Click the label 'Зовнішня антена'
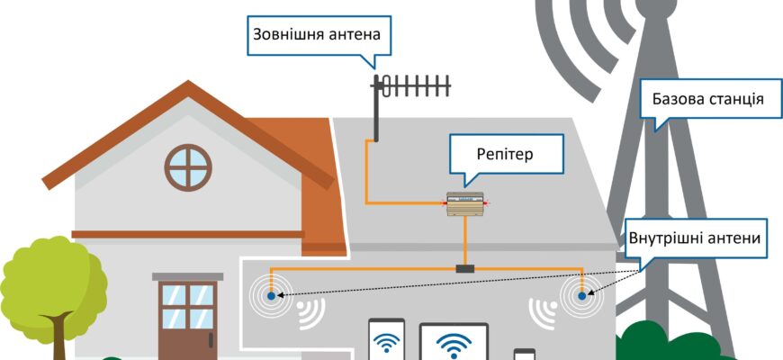pyautogui.click(x=311, y=37)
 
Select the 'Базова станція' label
pyautogui.click(x=703, y=99)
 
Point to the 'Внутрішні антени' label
pyautogui.click(x=696, y=238)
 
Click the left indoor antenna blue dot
pyautogui.click(x=271, y=294)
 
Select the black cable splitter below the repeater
pyautogui.click(x=465, y=268)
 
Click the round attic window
pyautogui.click(x=188, y=165)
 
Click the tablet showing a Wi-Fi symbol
pyautogui.click(x=454, y=343)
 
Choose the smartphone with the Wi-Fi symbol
pyautogui.click(x=387, y=341)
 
